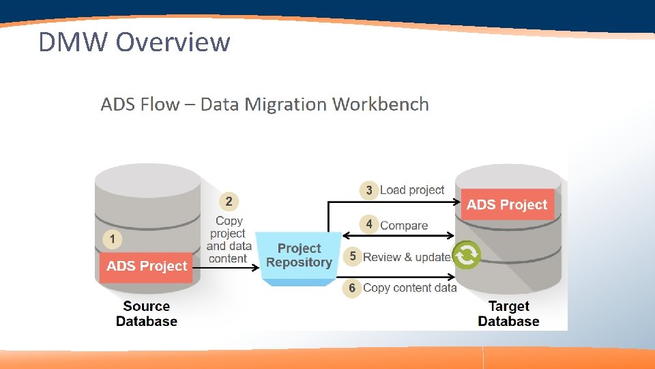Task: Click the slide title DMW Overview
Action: point(134,42)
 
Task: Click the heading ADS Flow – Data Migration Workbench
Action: point(265,105)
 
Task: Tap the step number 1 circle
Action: point(113,239)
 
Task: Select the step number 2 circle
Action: point(229,201)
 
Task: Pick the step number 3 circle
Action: point(369,190)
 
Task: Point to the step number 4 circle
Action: point(369,224)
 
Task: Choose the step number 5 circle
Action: point(352,257)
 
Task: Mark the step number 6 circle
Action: point(352,288)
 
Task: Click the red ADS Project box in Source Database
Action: point(146,266)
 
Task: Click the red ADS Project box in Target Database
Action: point(507,204)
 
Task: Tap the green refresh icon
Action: point(467,255)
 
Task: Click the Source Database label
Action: point(147,314)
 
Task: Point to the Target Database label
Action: point(509,314)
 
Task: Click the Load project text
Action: point(412,190)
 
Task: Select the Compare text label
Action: point(404,225)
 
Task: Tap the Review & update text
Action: point(407,257)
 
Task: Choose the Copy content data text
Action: point(409,288)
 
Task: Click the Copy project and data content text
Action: point(229,240)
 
